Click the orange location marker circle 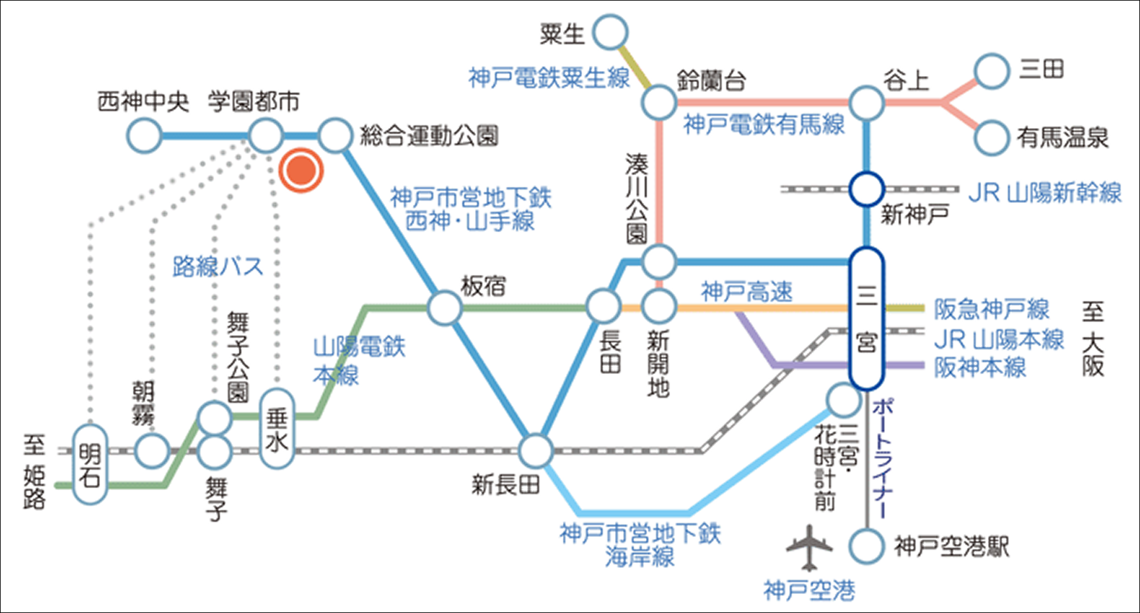301,170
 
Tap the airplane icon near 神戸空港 809,547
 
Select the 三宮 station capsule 866,318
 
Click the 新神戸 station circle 866,189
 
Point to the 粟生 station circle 610,32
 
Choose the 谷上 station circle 866,103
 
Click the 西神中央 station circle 144,136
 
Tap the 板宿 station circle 445,308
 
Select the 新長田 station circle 536,451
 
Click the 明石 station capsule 89,464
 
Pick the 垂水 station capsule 277,429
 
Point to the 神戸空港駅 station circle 866,546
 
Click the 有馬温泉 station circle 991,138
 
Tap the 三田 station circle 991,71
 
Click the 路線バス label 217,266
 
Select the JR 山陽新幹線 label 1044,192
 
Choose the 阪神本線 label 980,367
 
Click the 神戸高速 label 747,292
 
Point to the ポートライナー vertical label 883,458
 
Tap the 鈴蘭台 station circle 659,102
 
